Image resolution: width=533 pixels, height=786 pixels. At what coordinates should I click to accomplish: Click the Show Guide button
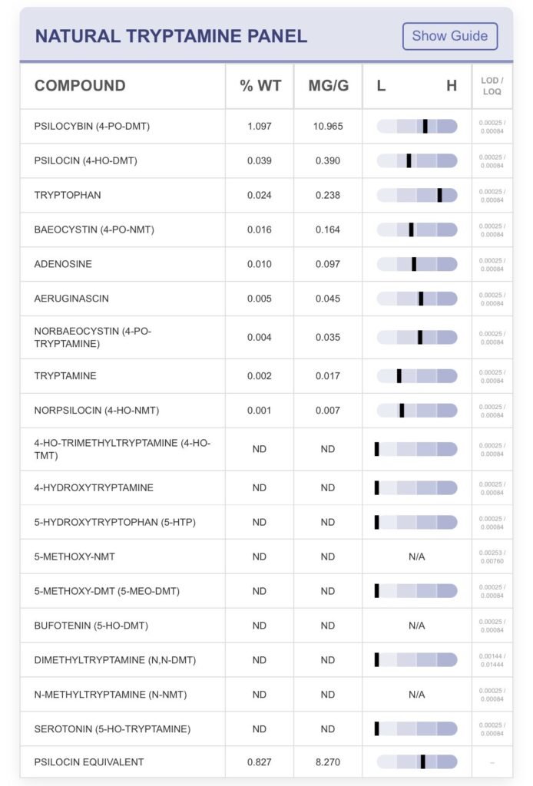click(x=450, y=36)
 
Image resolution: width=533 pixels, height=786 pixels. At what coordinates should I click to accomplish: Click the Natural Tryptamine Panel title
click(x=170, y=36)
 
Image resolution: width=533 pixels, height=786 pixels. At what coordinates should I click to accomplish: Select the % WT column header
click(x=260, y=85)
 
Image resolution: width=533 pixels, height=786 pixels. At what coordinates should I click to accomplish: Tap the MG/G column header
click(x=328, y=85)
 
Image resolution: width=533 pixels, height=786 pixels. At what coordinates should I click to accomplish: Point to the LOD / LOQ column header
click(x=492, y=86)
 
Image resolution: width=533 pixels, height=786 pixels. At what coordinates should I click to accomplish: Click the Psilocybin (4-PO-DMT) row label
click(x=91, y=126)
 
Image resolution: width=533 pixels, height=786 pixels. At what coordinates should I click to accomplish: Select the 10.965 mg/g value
click(x=328, y=126)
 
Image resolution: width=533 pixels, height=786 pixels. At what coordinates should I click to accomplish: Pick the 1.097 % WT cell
click(x=260, y=126)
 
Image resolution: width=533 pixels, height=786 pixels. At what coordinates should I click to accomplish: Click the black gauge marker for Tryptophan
click(x=439, y=195)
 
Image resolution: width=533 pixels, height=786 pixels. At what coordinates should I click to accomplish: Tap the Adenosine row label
click(x=63, y=264)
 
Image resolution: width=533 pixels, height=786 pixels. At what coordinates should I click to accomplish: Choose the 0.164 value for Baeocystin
click(x=328, y=230)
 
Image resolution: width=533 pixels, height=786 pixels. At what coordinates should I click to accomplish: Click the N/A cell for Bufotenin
click(x=416, y=626)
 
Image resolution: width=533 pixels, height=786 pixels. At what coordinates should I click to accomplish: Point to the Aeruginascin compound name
click(x=71, y=299)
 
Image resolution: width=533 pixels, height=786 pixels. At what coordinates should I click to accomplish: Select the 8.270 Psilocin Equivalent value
click(x=328, y=762)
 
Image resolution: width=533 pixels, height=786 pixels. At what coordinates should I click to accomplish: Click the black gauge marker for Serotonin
click(x=377, y=728)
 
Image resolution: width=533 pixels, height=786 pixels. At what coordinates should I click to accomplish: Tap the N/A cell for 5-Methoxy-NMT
click(x=416, y=556)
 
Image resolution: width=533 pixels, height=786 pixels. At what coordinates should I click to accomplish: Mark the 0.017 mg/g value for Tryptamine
click(x=328, y=376)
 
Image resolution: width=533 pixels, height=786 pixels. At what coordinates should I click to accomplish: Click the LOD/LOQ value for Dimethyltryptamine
click(x=492, y=660)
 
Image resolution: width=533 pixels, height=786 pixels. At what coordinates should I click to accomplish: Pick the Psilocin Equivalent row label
click(x=88, y=762)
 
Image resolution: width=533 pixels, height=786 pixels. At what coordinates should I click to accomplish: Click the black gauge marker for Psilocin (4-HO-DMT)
click(x=409, y=160)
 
